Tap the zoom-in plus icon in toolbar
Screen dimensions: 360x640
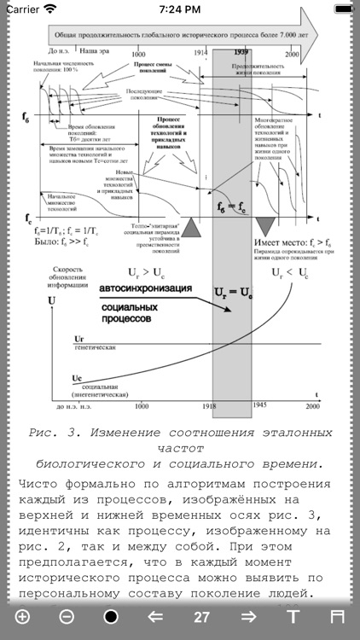(x=21, y=617)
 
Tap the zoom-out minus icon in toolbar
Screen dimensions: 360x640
(x=67, y=617)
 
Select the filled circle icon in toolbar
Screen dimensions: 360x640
(x=111, y=617)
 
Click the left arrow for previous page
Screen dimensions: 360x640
(x=155, y=617)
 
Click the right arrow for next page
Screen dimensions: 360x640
(x=248, y=617)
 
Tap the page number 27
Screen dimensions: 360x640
(x=201, y=617)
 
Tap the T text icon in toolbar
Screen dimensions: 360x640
(x=293, y=617)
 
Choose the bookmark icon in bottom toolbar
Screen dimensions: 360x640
(x=338, y=617)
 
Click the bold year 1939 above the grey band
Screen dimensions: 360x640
(x=241, y=53)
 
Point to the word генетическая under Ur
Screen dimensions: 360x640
(x=93, y=350)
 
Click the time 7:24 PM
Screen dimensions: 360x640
(x=180, y=9)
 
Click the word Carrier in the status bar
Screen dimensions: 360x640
(x=23, y=9)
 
